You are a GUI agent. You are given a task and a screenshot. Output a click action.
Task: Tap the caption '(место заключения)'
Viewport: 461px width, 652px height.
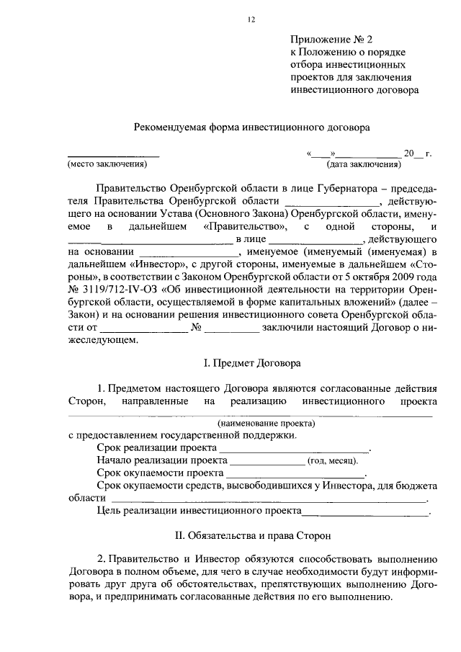(x=107, y=164)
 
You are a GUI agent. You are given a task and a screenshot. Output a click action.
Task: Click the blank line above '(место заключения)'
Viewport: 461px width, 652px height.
(x=113, y=155)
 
